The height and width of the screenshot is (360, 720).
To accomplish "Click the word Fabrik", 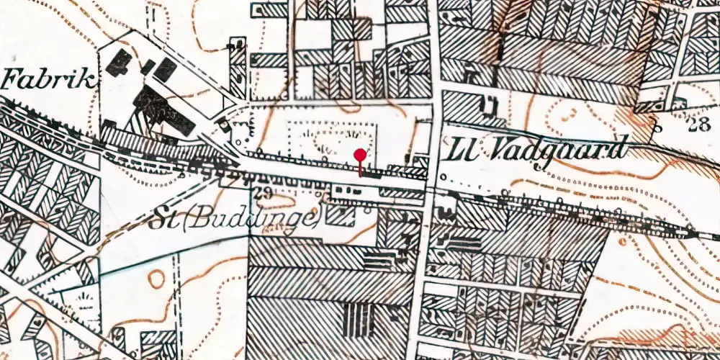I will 49,79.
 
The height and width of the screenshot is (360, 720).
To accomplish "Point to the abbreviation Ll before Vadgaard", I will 462,150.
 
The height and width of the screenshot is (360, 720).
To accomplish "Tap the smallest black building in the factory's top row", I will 149,66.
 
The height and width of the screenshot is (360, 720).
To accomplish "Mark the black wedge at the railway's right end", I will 692,234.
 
